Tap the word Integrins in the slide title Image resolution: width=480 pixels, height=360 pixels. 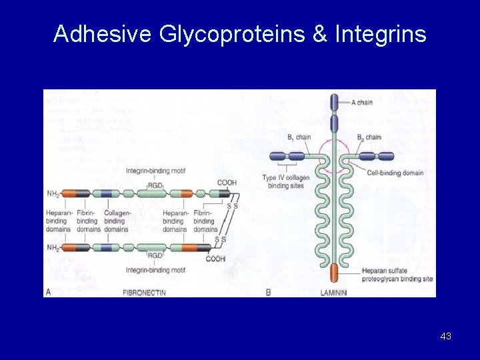[381, 34]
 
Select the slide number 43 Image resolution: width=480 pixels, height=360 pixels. [446, 336]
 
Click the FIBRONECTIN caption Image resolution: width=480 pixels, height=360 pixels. [145, 292]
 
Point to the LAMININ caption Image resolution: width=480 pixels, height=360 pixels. [333, 292]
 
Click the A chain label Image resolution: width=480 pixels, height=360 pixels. [362, 102]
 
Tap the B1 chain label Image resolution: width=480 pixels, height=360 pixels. [299, 137]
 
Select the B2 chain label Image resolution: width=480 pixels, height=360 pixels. [369, 137]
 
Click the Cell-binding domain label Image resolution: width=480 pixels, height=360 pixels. [395, 173]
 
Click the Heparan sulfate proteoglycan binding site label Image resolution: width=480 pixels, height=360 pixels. [397, 275]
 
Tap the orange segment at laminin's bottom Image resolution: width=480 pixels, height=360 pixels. [334, 273]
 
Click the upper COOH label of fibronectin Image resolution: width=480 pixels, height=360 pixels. [227, 183]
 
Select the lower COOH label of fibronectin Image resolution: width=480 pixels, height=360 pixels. [215, 259]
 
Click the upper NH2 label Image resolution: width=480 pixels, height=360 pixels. [53, 194]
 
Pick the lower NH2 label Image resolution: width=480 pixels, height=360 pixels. [53, 247]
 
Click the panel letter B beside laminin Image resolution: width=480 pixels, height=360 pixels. [268, 292]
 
